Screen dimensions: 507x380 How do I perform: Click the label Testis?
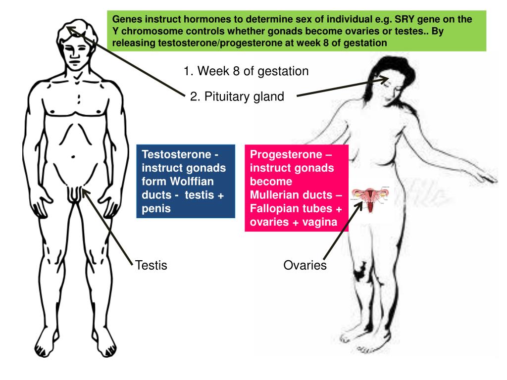click(x=151, y=266)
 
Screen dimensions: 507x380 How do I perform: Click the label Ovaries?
click(x=305, y=265)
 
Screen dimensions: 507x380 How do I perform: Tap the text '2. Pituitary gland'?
click(x=237, y=96)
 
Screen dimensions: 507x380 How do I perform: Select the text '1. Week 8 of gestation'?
click(x=246, y=71)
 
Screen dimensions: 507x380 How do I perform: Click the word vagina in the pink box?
click(x=320, y=222)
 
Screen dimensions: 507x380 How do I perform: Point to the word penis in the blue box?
click(x=156, y=208)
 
